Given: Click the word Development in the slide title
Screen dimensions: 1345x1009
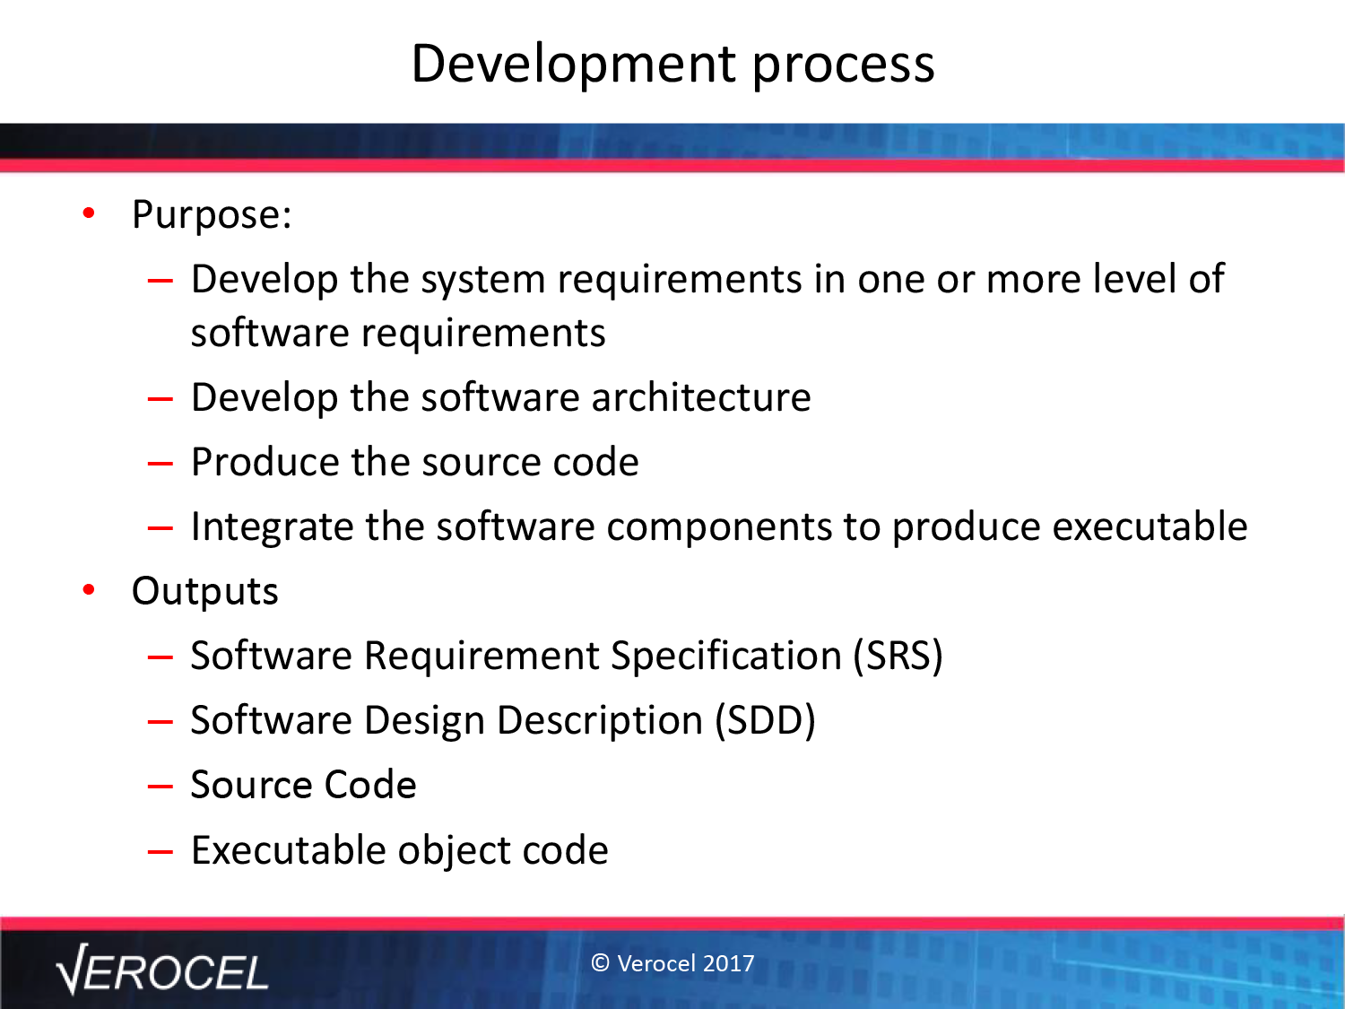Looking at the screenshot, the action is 574,65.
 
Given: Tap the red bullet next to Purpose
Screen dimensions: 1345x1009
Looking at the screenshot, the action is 89,213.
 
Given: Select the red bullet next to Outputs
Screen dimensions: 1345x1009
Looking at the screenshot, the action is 89,589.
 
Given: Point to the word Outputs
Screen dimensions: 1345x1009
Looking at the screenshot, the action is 204,591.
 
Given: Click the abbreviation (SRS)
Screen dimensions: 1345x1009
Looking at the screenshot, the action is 898,657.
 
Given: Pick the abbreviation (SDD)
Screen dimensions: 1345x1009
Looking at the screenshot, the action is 766,721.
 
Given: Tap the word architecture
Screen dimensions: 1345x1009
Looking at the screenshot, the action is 701,397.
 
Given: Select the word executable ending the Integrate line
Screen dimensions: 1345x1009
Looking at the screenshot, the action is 1150,526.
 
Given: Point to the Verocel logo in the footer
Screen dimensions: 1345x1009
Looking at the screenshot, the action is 162,970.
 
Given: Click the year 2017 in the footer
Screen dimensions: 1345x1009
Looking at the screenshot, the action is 729,963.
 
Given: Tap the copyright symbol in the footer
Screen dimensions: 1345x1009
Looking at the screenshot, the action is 601,963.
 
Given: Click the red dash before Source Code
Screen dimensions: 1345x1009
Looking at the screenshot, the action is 161,786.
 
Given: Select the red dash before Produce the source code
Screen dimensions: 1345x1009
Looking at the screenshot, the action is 161,463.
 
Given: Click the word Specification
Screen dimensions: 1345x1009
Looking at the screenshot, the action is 726,657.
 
